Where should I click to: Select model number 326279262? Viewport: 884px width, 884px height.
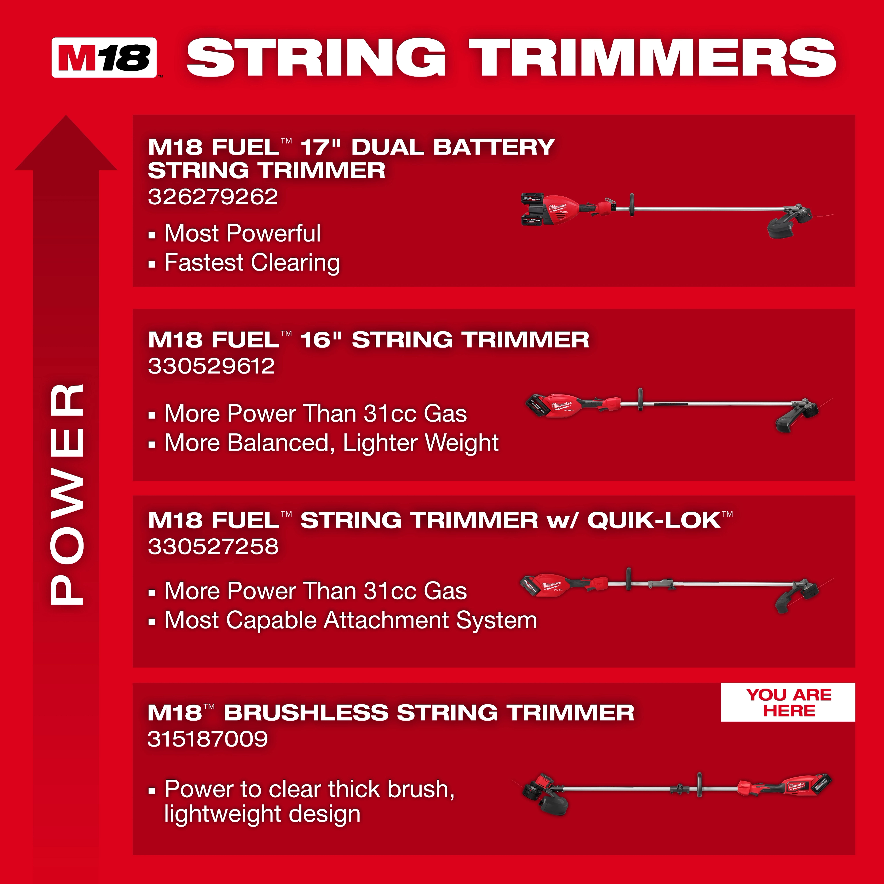pos(213,197)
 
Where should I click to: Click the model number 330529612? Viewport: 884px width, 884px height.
pos(211,366)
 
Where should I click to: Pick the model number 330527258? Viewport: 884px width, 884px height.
pos(213,547)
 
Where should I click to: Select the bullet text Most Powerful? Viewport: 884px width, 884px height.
pos(242,233)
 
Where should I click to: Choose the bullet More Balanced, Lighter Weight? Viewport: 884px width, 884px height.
pos(331,443)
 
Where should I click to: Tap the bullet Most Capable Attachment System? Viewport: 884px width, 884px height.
pos(351,620)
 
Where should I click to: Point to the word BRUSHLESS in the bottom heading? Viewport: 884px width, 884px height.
pos(306,713)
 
